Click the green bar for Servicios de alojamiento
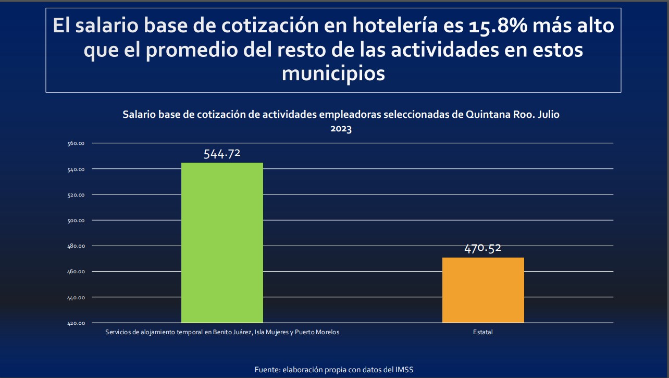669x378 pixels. point(222,242)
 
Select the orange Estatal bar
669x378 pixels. point(483,290)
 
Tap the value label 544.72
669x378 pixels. point(222,153)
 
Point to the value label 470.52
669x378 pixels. point(483,248)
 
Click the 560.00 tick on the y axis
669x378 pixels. point(76,143)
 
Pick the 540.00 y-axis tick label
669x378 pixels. point(76,169)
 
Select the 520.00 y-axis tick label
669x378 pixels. point(76,194)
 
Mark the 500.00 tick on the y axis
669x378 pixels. point(76,220)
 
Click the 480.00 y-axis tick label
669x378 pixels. point(76,246)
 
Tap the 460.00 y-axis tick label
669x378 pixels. point(76,272)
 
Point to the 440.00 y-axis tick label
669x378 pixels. point(76,297)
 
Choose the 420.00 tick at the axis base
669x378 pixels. point(76,323)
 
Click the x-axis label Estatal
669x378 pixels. point(483,332)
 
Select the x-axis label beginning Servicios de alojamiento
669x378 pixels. point(222,332)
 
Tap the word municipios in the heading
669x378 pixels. point(333,74)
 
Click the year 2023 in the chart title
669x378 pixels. point(341,129)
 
